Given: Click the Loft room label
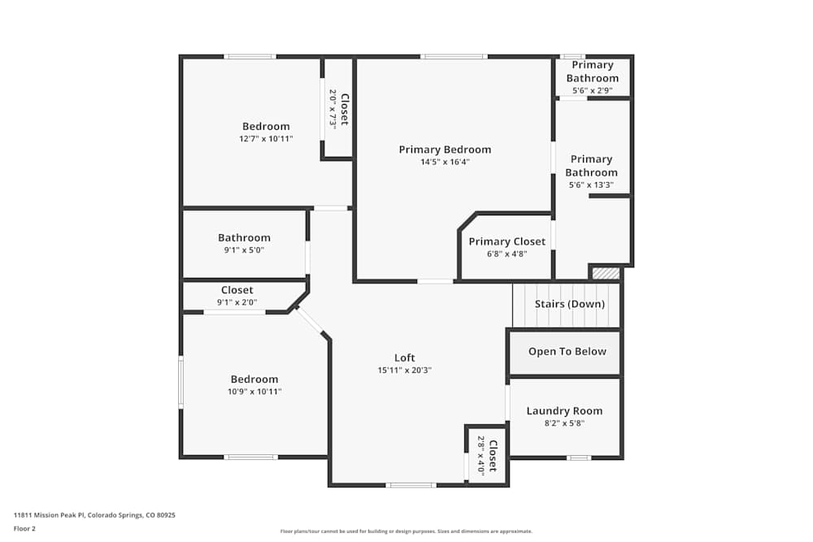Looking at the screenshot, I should [405, 358].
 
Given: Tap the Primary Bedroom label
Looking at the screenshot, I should [445, 150].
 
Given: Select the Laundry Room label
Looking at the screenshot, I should [564, 411].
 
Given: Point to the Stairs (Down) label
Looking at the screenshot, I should [569, 304].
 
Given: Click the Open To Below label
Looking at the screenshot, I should [567, 352].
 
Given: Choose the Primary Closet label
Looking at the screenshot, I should [506, 241].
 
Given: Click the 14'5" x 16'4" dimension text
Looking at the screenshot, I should [445, 162].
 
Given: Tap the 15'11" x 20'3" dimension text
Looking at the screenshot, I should [405, 371].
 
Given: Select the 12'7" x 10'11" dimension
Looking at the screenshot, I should [266, 139].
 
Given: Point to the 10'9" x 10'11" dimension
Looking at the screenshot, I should [254, 392].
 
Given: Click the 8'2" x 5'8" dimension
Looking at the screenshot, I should [564, 423].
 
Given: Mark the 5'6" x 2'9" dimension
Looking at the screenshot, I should [592, 91].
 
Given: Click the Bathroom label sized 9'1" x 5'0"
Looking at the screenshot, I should [244, 238].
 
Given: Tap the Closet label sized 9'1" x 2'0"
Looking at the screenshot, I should [237, 290].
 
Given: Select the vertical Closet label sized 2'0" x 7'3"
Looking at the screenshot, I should [344, 109].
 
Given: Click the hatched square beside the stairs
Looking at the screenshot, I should [606, 274].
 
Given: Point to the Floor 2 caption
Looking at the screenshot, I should [24, 528].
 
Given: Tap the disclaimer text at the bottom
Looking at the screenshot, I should [406, 531].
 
